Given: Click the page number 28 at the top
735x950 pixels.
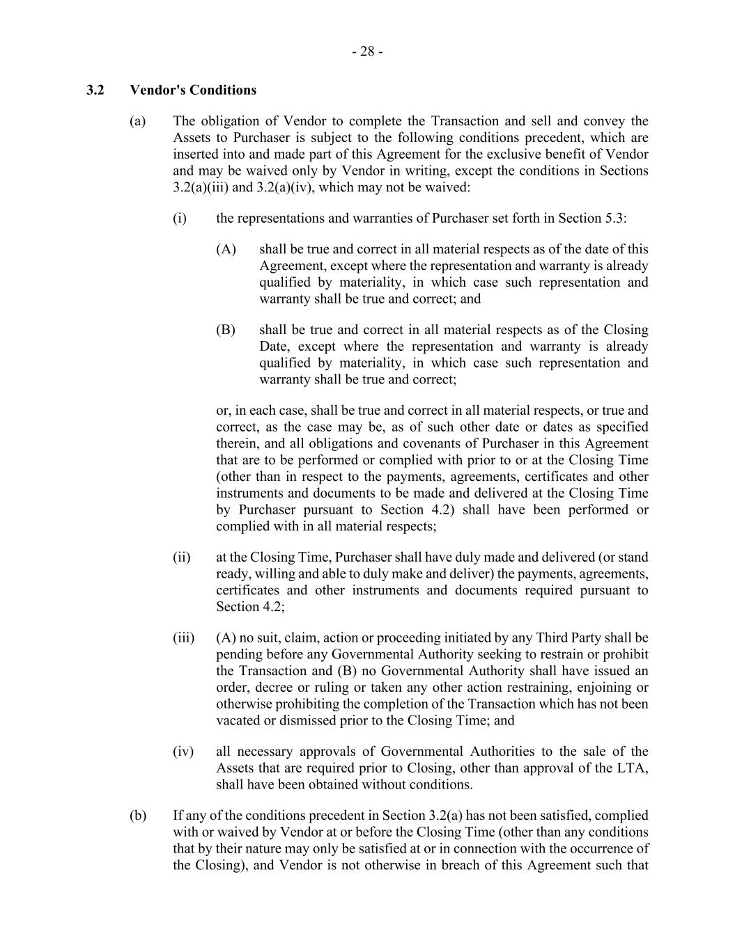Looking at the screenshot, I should point(367,52).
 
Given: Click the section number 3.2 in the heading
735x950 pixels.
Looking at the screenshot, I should point(95,90).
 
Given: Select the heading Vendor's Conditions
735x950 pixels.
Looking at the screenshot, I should point(193,90).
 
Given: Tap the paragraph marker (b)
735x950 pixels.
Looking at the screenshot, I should point(138,815).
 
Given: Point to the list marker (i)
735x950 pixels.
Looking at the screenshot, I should point(180,218).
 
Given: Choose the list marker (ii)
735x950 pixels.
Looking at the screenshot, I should point(181,557).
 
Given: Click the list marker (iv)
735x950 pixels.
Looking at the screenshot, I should point(183,751).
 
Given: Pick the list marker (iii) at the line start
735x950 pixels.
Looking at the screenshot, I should point(183,638).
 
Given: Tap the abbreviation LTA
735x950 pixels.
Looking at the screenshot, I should point(631,768).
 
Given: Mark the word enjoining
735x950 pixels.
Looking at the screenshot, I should point(603,687).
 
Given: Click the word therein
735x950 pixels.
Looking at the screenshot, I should point(236,443).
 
